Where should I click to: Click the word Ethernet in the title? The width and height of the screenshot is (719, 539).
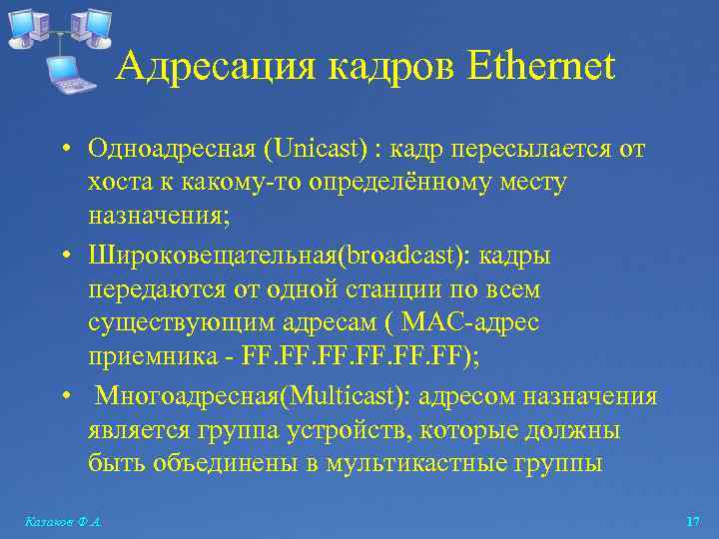pos(539,68)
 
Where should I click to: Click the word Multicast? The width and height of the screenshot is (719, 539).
pos(346,397)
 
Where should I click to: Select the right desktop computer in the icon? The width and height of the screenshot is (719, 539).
pos(94,25)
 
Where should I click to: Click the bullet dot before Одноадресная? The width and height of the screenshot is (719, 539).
pos(63,151)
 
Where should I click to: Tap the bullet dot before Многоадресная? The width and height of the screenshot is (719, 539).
pos(63,397)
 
